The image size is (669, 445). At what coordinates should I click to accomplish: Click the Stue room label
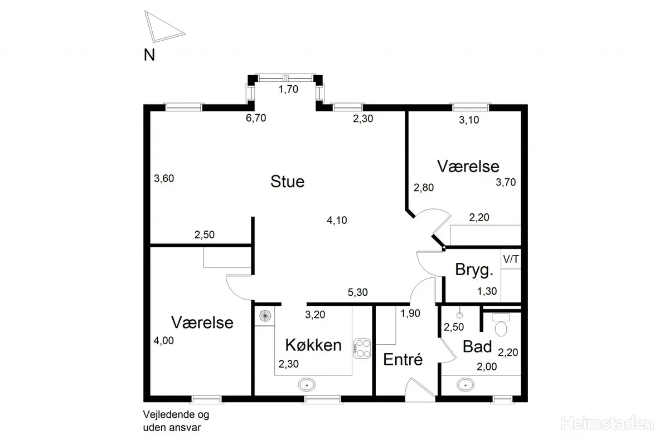287,182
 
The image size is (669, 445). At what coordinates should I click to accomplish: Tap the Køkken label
313,345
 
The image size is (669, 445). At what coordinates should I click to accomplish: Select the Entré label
403,359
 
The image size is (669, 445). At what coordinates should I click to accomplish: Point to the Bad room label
477,347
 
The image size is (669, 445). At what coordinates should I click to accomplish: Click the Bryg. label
474,270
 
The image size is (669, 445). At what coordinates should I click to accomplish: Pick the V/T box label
511,259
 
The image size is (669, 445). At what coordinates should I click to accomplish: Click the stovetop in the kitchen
362,348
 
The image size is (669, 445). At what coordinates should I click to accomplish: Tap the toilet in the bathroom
501,325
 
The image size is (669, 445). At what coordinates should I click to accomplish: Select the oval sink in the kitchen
307,385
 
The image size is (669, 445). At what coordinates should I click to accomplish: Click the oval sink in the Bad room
466,385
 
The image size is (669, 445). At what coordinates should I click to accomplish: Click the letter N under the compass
149,55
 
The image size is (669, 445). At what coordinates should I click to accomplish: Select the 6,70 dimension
256,118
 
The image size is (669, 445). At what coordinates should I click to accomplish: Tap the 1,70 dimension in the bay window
289,89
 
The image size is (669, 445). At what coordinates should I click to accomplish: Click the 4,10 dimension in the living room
337,221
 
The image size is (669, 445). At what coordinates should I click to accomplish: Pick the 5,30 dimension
358,292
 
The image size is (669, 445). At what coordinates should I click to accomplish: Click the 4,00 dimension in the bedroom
164,340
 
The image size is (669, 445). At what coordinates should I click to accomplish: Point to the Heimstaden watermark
608,423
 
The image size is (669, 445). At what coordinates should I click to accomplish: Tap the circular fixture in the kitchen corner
265,316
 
